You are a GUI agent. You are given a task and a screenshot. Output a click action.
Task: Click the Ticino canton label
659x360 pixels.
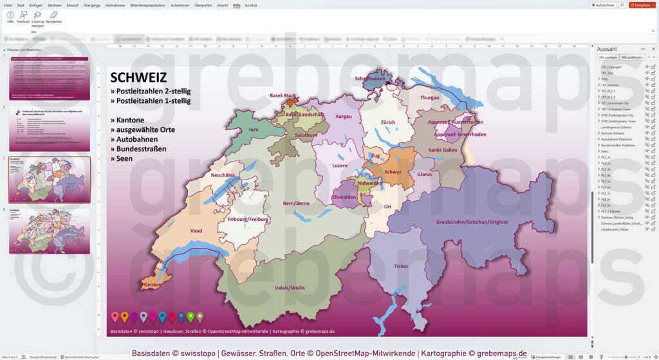pyautogui.click(x=400, y=265)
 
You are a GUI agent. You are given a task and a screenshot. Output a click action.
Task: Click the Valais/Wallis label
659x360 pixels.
pyautogui.click(x=290, y=287)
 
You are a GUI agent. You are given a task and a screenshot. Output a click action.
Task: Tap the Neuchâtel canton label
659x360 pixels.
pyautogui.click(x=226, y=175)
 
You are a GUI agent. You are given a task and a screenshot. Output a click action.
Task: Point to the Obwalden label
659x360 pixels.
pyautogui.click(x=344, y=196)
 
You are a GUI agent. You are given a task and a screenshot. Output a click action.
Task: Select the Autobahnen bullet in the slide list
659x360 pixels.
pyautogui.click(x=139, y=139)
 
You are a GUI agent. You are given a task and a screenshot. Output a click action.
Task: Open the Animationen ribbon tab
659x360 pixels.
pyautogui.click(x=115, y=5)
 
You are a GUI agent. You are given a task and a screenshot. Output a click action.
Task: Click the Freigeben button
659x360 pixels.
pyautogui.click(x=642, y=5)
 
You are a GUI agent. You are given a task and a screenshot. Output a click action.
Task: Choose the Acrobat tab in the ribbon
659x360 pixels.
pyautogui.click(x=251, y=5)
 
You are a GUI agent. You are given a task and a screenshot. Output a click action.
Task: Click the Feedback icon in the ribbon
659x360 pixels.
pyautogui.click(x=23, y=17)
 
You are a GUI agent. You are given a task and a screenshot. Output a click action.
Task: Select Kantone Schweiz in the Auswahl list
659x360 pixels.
pyautogui.click(x=613, y=133)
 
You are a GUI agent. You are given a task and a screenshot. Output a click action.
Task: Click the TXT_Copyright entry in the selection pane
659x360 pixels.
pyautogui.click(x=611, y=67)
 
